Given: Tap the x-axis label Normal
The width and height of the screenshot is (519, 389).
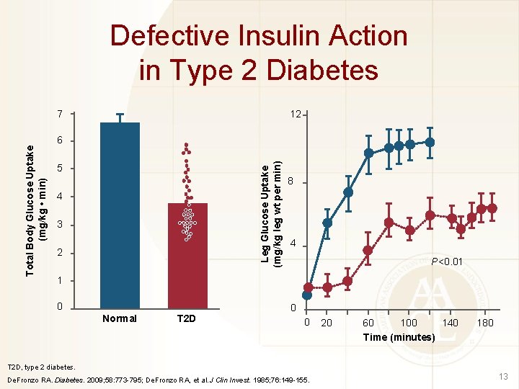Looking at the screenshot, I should click(120, 318).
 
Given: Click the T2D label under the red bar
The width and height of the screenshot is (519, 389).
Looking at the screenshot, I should click(187, 318).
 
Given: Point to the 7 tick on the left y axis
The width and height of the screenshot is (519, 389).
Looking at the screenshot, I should click(61, 115).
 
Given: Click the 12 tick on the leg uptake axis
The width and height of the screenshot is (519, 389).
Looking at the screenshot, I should click(295, 115).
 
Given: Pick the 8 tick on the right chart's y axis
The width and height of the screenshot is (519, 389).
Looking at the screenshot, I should click(290, 181).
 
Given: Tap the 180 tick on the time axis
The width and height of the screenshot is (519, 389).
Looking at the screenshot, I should click(485, 322).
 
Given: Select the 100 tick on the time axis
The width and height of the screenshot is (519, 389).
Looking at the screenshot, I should click(409, 322).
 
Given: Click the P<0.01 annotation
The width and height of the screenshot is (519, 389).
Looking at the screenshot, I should click(446, 261).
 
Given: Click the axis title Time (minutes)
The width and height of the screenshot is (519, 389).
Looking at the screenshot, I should click(399, 337).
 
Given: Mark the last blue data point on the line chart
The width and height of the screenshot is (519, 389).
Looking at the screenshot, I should click(430, 142).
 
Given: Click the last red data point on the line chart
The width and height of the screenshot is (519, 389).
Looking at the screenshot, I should click(492, 208).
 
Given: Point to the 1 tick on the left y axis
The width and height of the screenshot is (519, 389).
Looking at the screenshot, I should click(61, 280).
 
